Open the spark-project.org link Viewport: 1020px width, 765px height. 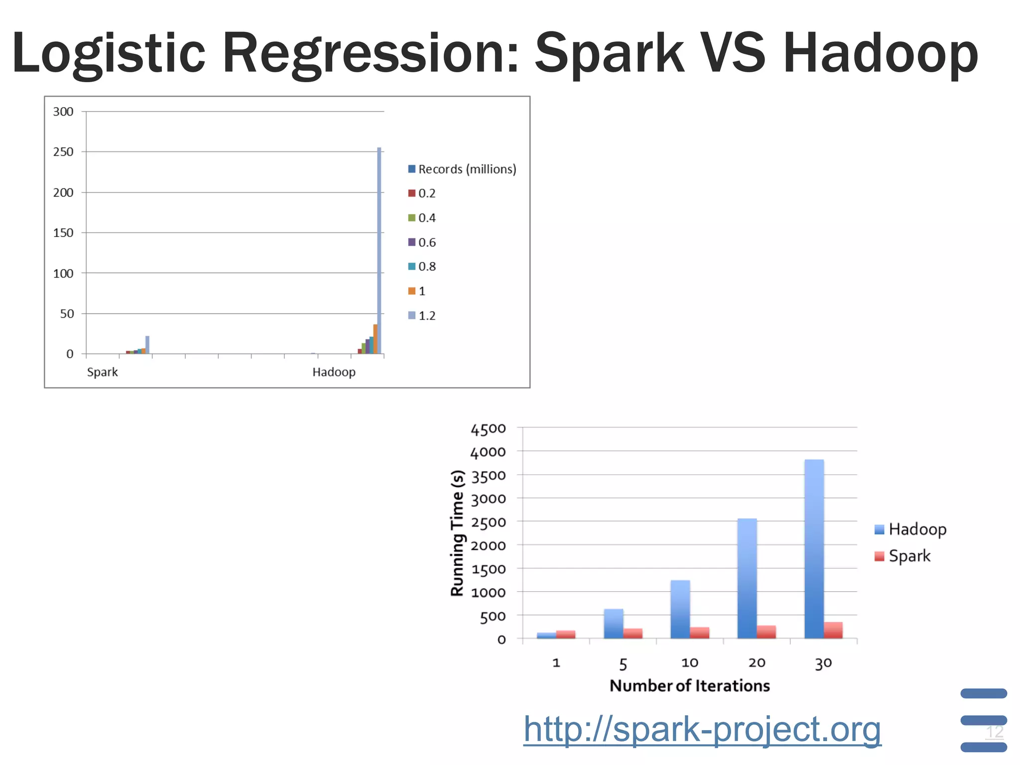(x=702, y=730)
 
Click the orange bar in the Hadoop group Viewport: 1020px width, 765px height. (x=375, y=339)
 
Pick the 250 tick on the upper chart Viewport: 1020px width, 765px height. (x=63, y=152)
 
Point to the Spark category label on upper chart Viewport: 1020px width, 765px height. (x=102, y=372)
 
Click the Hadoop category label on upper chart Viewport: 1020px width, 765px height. (x=334, y=372)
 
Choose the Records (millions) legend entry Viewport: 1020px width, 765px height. (x=462, y=169)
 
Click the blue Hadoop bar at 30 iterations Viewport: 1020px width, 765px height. (x=814, y=548)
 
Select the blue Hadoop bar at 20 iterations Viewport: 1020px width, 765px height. (x=747, y=578)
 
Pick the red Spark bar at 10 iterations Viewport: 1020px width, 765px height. (x=699, y=633)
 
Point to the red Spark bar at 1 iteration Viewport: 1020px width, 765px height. (x=566, y=635)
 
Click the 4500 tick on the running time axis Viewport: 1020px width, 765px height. (x=488, y=429)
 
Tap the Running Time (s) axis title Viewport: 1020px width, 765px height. (x=457, y=533)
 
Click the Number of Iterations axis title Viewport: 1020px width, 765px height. (x=689, y=686)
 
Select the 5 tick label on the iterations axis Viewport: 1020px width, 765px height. (x=623, y=664)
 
